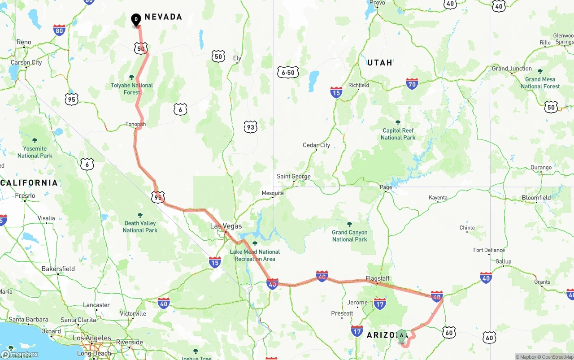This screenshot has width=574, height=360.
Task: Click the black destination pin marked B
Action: click(x=136, y=20)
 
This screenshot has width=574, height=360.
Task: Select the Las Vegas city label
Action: click(x=226, y=226)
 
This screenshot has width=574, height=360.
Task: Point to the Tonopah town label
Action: click(x=135, y=124)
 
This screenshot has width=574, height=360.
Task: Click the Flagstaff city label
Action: click(x=377, y=278)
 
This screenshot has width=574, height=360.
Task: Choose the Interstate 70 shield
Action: click(x=412, y=83)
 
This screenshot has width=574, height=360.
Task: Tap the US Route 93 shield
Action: click(x=251, y=127)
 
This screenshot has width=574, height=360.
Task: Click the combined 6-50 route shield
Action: click(x=287, y=72)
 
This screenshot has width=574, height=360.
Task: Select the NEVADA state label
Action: click(x=163, y=17)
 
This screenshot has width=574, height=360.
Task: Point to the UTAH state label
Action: click(x=380, y=63)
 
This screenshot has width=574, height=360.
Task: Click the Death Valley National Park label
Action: click(x=140, y=226)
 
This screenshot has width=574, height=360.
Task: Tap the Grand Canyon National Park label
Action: click(x=350, y=235)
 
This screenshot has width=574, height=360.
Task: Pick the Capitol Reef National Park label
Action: click(x=398, y=134)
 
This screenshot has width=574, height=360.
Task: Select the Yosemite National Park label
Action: click(x=35, y=152)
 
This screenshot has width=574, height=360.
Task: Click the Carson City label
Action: click(x=26, y=62)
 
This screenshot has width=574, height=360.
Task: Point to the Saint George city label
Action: click(x=294, y=176)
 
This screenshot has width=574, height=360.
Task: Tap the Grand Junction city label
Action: click(x=512, y=69)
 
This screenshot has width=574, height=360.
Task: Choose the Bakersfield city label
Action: click(x=58, y=269)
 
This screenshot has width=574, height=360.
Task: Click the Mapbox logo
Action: click(x=20, y=354)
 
